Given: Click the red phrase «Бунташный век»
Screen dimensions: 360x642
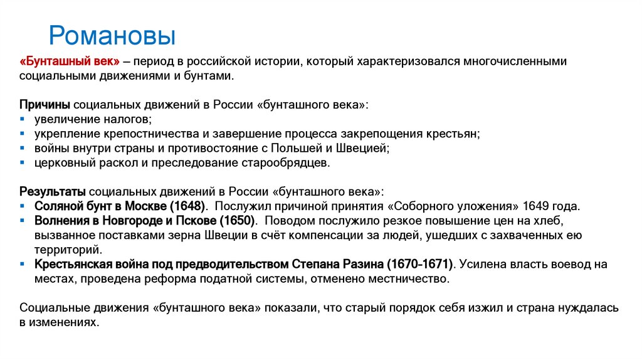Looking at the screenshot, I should tap(70, 62).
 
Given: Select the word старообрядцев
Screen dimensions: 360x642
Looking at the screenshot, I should tap(286, 162).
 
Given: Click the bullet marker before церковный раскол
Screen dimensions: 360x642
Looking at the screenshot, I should tap(23, 162).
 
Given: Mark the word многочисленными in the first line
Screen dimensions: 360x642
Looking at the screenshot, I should tap(516, 62).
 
